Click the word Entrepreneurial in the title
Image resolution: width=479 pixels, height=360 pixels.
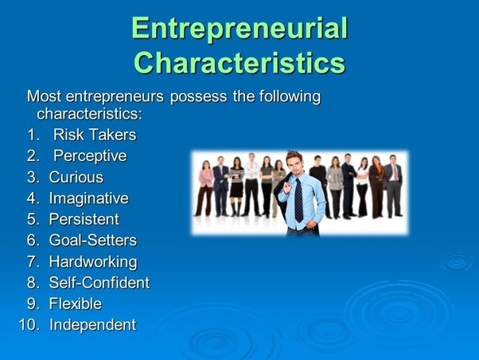tap(240, 29)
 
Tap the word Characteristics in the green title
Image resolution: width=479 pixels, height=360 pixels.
tap(240, 61)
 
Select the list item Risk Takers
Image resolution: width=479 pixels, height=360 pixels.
tap(94, 135)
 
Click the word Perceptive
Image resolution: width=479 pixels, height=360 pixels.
tap(89, 155)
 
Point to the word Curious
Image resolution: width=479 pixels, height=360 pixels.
tap(76, 177)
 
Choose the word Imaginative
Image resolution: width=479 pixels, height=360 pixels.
tap(88, 198)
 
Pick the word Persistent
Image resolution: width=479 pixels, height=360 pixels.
tap(84, 219)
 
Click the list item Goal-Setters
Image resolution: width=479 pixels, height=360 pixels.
tap(92, 240)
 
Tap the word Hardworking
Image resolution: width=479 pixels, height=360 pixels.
tap(92, 261)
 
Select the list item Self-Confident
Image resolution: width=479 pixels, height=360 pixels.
tap(99, 282)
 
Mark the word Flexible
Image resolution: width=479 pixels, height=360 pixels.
tap(75, 303)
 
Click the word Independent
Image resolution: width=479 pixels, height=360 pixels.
tap(92, 324)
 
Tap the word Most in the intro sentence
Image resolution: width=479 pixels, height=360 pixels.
tap(44, 96)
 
